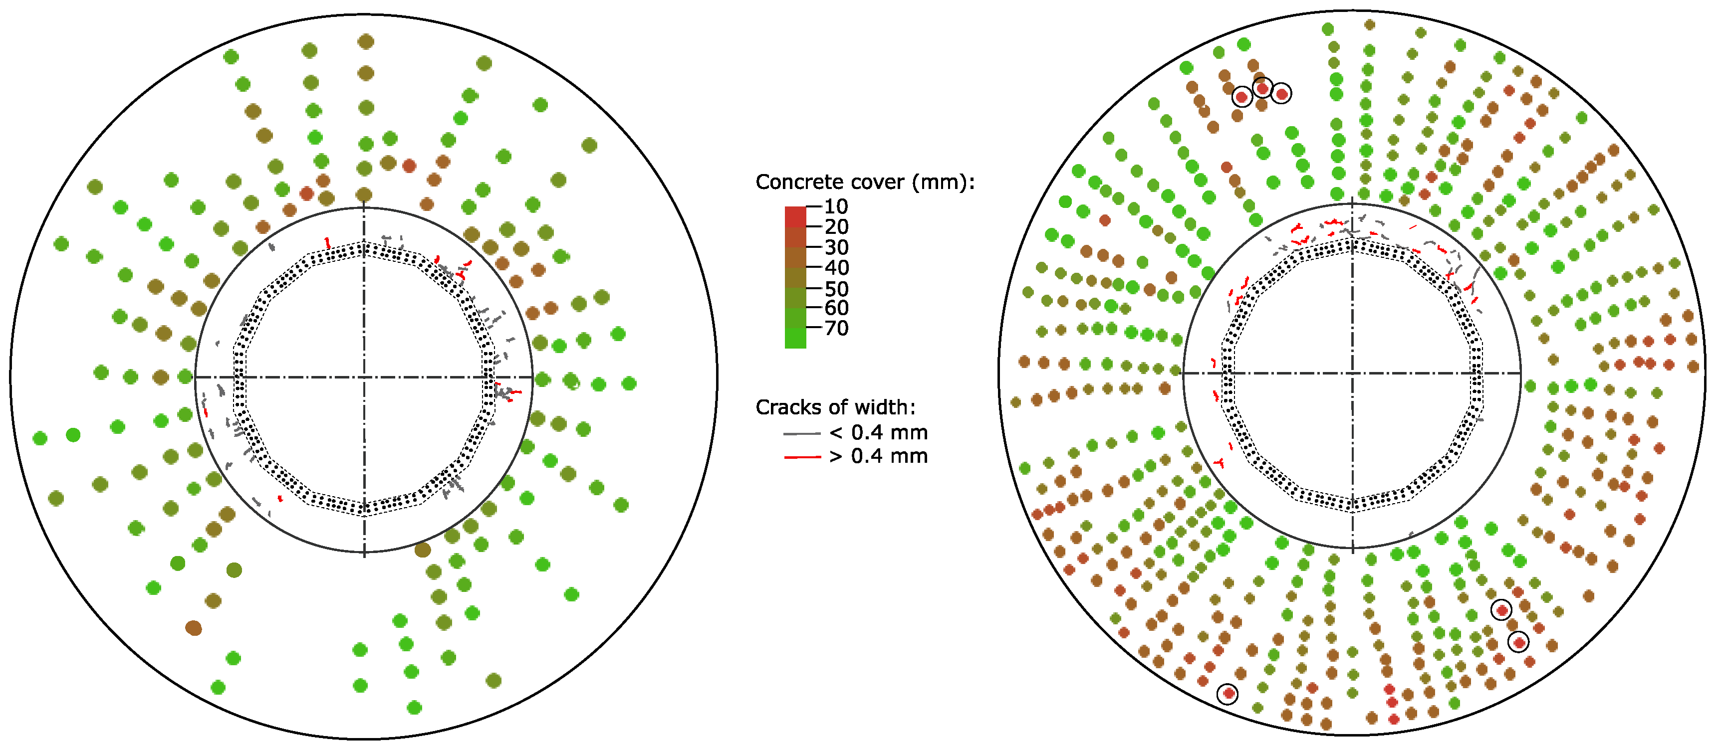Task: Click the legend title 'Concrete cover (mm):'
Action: (864, 182)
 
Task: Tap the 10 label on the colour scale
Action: (836, 206)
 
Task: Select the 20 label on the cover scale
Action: (836, 227)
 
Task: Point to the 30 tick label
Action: (836, 247)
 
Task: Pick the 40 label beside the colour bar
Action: (836, 267)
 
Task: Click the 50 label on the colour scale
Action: (836, 289)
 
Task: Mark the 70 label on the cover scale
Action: (836, 328)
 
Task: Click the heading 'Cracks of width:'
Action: (835, 407)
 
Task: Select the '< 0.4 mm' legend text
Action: (878, 433)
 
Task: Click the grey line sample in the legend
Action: (802, 434)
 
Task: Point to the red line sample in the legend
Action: (802, 457)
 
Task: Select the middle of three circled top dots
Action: (1262, 88)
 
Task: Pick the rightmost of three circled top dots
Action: (1281, 94)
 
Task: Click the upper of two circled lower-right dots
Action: (1501, 609)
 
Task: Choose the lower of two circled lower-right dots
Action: (1518, 642)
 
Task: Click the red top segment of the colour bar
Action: (795, 216)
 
